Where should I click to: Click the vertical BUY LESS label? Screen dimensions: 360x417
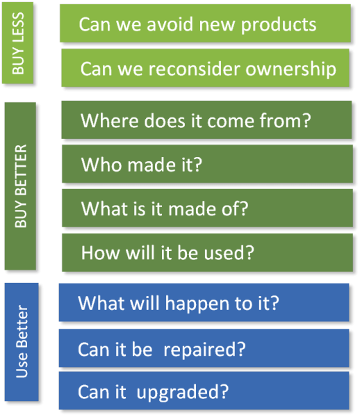pos(18,43)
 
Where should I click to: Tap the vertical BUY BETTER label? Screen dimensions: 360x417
pos(21,186)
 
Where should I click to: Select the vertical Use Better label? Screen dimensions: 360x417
pos(22,341)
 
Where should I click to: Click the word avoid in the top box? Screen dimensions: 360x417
pos(170,24)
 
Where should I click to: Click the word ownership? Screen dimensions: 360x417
pos(291,69)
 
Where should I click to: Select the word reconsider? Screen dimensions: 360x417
pos(195,69)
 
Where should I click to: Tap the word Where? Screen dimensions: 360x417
pos(110,121)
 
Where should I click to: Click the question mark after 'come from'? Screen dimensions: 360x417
pos(306,120)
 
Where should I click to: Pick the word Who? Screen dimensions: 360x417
pos(102,165)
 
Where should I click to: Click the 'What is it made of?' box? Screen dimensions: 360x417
pos(207,208)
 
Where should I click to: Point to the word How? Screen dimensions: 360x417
pos(101,253)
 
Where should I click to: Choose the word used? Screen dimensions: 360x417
pos(224,253)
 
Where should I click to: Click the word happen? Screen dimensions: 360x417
pos(197,304)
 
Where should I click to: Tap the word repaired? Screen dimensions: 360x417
pos(199,350)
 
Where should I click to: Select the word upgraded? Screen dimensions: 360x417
pos(179,393)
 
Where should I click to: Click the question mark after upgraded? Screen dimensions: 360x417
pos(224,391)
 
